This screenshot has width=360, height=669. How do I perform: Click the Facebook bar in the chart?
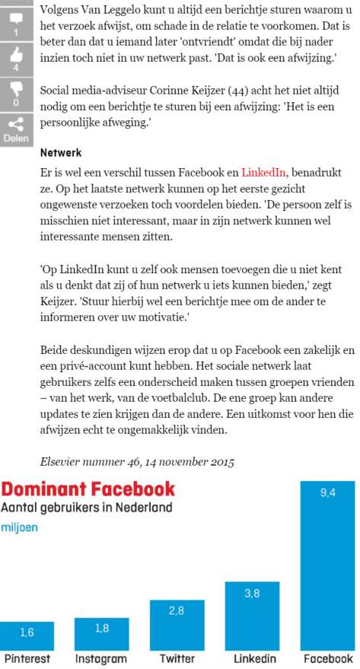(x=327, y=564)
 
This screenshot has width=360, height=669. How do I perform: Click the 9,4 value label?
(x=327, y=492)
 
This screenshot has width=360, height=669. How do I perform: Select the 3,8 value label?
(x=252, y=593)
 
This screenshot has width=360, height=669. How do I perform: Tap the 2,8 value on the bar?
(x=177, y=611)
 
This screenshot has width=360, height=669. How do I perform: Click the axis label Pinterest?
(x=27, y=658)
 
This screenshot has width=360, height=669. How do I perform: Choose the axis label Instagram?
(x=101, y=658)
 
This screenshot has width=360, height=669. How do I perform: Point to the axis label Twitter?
(x=177, y=658)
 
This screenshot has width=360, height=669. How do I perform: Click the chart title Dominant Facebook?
(x=88, y=489)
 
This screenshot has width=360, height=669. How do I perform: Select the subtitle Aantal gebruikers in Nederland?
(x=86, y=507)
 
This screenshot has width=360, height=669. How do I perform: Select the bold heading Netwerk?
(x=60, y=153)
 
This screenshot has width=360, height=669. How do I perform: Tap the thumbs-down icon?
(x=15, y=90)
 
